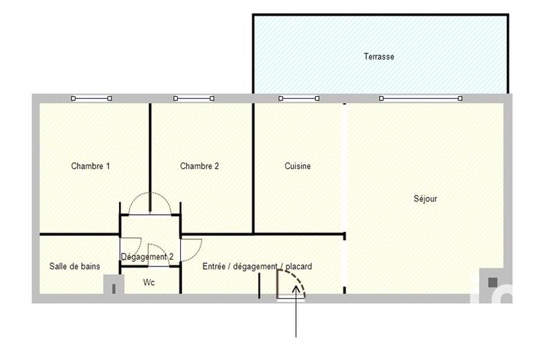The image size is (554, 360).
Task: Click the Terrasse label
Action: click(x=379, y=57)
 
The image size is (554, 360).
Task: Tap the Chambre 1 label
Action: click(x=90, y=166)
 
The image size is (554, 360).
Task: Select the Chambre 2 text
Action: click(x=199, y=166)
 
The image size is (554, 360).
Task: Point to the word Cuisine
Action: click(x=298, y=166)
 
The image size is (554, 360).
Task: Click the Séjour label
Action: click(x=425, y=199)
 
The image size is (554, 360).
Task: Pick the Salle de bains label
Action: click(x=75, y=267)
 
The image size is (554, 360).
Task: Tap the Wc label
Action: click(x=149, y=283)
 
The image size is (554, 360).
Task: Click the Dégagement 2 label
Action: click(x=147, y=257)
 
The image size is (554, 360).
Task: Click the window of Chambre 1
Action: click(x=91, y=99)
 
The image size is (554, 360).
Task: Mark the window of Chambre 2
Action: click(x=193, y=99)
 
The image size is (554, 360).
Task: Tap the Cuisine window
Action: click(x=299, y=99)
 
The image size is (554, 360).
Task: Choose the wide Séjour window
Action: click(x=420, y=99)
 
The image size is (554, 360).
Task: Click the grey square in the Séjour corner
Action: click(x=492, y=282)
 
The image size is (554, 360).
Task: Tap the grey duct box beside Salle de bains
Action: click(x=111, y=285)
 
